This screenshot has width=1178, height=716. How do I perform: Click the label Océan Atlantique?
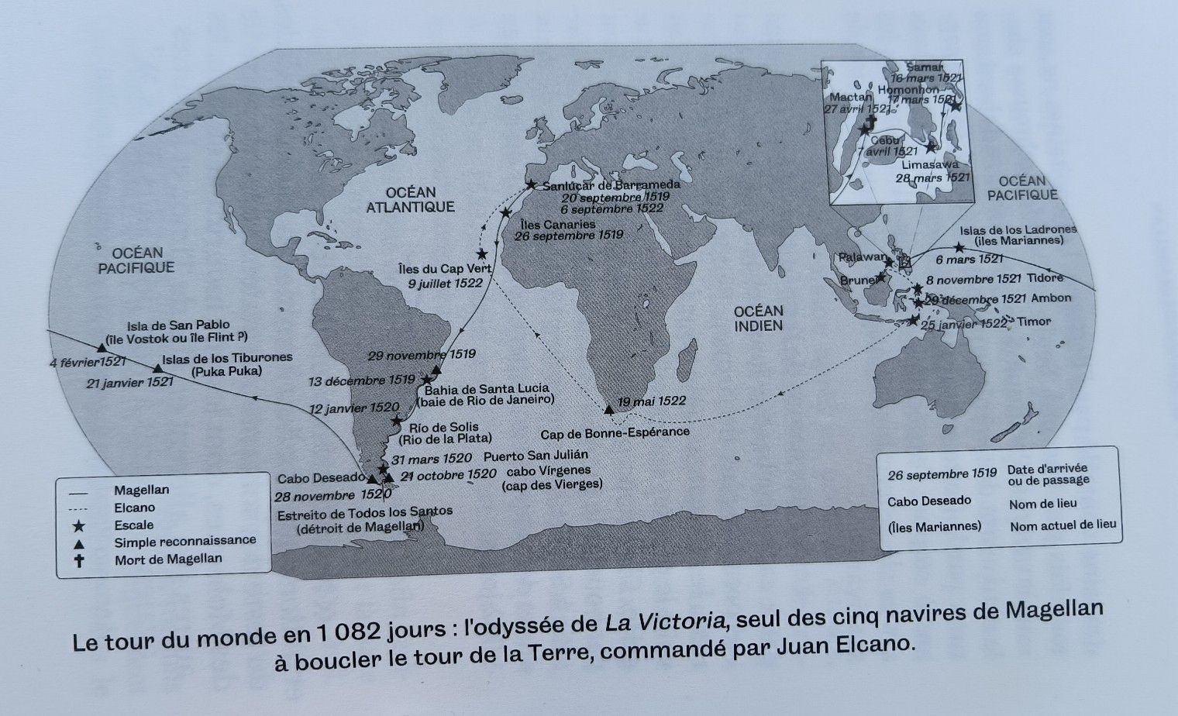coord(410,199)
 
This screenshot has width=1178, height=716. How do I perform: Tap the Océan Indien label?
coord(759,318)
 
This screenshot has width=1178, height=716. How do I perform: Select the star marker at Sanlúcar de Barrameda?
coord(531,184)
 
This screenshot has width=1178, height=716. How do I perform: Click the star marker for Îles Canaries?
coord(506,212)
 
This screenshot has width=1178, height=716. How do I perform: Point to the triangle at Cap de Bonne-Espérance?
coord(608,408)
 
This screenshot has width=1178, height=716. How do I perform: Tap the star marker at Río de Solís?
coord(397,421)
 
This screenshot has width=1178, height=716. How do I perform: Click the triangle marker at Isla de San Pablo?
coord(102,348)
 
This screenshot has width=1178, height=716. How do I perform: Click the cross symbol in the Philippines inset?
coord(868,122)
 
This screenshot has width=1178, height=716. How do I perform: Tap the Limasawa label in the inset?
coord(930,164)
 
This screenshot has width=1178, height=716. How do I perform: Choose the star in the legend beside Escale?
coord(79,525)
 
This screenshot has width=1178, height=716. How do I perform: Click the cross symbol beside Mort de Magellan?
coord(79,559)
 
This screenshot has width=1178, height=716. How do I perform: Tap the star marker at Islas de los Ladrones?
coord(959,248)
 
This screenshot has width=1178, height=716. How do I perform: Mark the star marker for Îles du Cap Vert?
coord(482,253)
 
